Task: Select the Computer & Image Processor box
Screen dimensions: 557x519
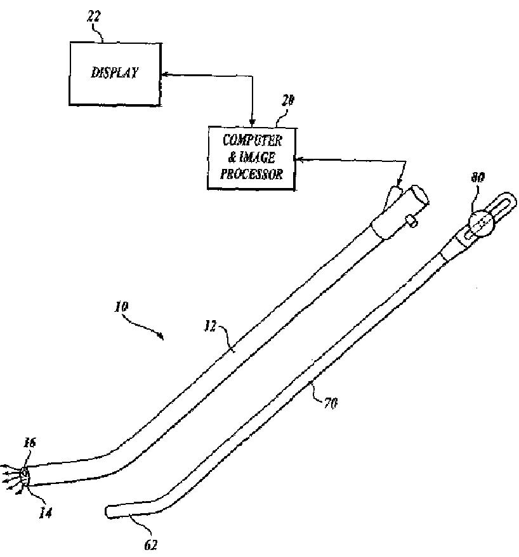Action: coord(252,157)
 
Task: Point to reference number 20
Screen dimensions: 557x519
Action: coord(287,100)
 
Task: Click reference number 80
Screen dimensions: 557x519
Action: coord(477,178)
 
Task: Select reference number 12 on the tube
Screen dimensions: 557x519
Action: coord(211,327)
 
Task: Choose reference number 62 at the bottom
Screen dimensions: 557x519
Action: coord(150,544)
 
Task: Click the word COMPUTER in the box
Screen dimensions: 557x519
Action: coord(252,141)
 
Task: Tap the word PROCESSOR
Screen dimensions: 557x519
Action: coord(252,174)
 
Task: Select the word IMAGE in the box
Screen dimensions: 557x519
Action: coord(259,158)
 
